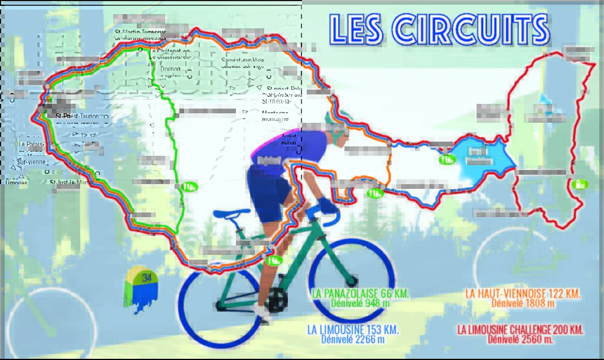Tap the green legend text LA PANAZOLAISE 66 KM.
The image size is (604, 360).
tap(361, 293)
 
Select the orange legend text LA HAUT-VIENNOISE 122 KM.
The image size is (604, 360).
tap(523, 293)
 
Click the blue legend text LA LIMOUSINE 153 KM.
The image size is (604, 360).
tap(353, 329)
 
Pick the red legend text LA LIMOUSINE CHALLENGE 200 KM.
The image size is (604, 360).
tap(520, 329)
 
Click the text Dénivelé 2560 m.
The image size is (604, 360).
tap(520, 339)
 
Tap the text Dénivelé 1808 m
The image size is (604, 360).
tap(523, 303)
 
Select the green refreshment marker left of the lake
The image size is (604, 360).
tap(447, 159)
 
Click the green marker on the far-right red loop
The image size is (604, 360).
tap(580, 184)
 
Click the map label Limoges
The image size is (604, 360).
tap(16, 182)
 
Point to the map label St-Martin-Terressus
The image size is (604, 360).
tap(140, 32)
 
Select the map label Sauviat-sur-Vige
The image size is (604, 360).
tap(242, 63)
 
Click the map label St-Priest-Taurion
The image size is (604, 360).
tap(77, 116)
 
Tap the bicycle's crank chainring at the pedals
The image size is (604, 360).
tap(275, 300)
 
